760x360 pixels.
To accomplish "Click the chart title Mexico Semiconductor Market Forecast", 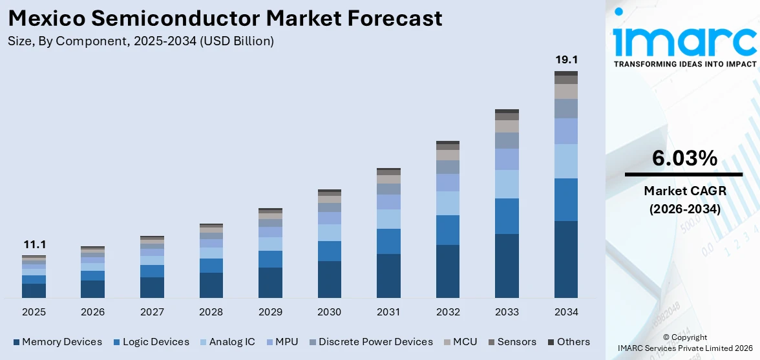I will tap(226, 17).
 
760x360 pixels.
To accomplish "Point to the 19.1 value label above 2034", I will tap(566, 59).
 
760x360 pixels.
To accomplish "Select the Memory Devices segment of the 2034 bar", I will tap(566, 259).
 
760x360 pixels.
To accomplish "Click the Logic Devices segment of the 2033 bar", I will tap(507, 216).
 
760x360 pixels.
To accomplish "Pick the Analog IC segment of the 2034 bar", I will tap(566, 161).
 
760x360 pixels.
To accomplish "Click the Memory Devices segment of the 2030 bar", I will tap(329, 279).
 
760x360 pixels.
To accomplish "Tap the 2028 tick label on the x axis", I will tap(211, 312).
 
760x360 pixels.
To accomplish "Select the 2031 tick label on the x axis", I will tap(388, 312).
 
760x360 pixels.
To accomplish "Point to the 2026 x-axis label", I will tap(93, 312).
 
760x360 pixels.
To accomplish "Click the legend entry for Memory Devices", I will tap(61, 342).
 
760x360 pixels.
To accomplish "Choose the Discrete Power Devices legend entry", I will tap(375, 342).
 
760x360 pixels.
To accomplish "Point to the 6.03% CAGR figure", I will tap(684, 158).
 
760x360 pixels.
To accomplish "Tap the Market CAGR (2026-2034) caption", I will tap(684, 200).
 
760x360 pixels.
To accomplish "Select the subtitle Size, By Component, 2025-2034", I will tap(141, 41).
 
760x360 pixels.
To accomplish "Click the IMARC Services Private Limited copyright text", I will tap(684, 348).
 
